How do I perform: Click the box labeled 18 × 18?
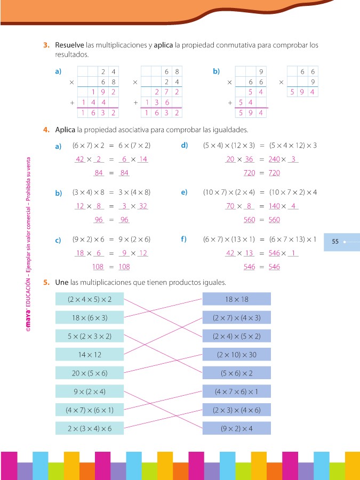point(237,299)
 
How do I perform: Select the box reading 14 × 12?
point(90,355)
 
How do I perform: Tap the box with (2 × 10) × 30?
point(237,355)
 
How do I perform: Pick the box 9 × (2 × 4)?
point(90,391)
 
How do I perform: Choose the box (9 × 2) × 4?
point(237,428)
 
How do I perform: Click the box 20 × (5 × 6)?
point(90,373)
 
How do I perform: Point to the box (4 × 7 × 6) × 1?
point(237,391)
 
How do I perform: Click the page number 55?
point(335,242)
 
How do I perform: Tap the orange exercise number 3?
point(46,45)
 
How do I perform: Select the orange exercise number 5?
point(46,282)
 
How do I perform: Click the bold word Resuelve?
point(69,45)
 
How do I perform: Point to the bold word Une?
point(61,282)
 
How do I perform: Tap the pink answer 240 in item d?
point(274,159)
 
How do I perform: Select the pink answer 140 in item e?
point(274,206)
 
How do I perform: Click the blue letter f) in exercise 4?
point(183,239)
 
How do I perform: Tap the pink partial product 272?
point(166,92)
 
